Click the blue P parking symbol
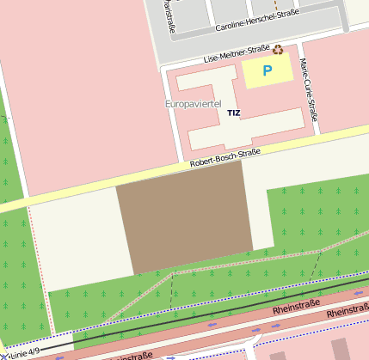pyautogui.click(x=267, y=70)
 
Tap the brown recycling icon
pyautogui.click(x=278, y=50)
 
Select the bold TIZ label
pyautogui.click(x=234, y=113)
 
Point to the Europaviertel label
pyautogui.click(x=193, y=103)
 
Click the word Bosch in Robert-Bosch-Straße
pyautogui.click(x=224, y=156)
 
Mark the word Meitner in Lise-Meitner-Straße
pyautogui.click(x=236, y=54)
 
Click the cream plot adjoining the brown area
pyautogui.click(x=73, y=241)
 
